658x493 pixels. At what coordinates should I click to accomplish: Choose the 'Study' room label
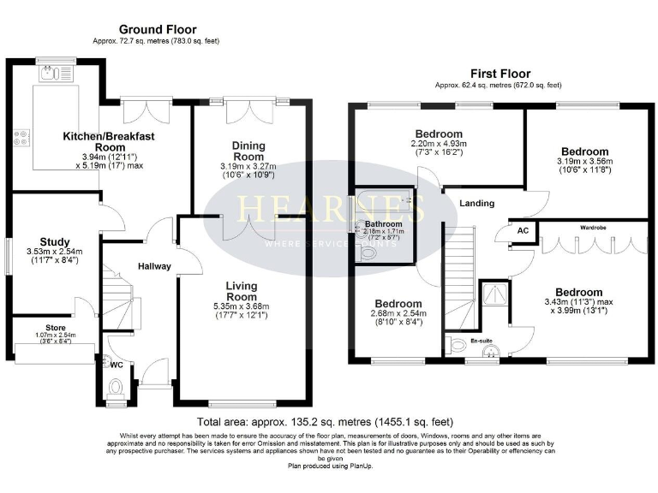[x=53, y=241]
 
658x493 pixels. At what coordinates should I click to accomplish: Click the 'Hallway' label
[x=156, y=266]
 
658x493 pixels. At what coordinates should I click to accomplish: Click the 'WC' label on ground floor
[x=117, y=364]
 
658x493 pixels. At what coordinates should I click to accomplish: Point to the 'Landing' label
[x=477, y=203]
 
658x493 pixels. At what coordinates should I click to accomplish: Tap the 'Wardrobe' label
[x=594, y=228]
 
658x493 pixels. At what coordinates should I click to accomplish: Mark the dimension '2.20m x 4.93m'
[x=439, y=146]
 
